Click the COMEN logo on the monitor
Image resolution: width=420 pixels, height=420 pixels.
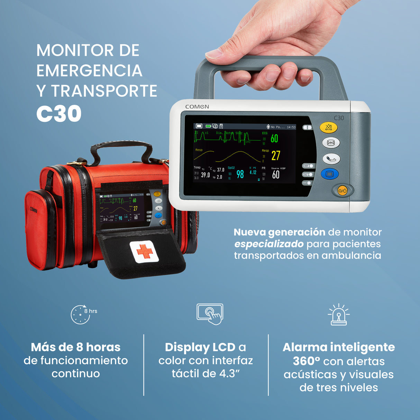[197, 107]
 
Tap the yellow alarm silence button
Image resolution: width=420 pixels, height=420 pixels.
[328, 127]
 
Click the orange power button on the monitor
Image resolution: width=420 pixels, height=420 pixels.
[342, 191]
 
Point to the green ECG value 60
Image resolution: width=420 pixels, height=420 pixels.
[274, 138]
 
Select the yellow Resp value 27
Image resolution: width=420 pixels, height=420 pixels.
[275, 156]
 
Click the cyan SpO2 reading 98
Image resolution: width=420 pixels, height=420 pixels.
[240, 174]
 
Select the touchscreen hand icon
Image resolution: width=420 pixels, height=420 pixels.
[210, 314]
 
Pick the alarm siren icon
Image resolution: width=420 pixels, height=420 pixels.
[338, 315]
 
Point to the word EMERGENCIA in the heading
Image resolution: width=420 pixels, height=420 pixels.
[89, 71]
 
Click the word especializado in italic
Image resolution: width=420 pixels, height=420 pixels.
[269, 244]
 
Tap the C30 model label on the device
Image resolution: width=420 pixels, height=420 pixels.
[339, 118]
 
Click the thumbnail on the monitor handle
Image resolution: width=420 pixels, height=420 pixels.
[213, 54]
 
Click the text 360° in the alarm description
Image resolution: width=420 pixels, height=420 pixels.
[306, 361]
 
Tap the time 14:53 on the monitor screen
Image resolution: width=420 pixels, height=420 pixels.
[291, 127]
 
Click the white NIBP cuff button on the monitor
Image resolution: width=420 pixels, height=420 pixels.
[331, 159]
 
